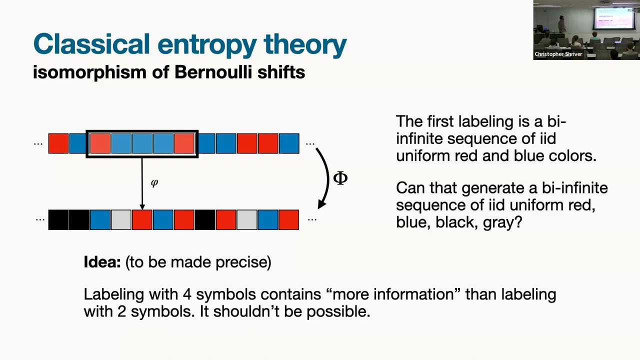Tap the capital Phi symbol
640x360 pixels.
(x=340, y=178)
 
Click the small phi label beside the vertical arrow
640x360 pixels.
(x=154, y=183)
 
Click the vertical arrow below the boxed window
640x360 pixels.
(x=142, y=182)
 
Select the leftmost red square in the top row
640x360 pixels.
(x=58, y=143)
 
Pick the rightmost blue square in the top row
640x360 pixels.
(x=288, y=143)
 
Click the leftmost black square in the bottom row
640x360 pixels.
(x=58, y=220)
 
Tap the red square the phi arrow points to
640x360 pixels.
(x=142, y=220)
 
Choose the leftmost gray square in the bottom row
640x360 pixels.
(x=121, y=220)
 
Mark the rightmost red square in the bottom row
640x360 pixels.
(x=288, y=220)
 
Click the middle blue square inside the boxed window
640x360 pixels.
(x=142, y=143)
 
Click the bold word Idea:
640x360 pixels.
(x=102, y=262)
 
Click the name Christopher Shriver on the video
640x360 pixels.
(x=558, y=54)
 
